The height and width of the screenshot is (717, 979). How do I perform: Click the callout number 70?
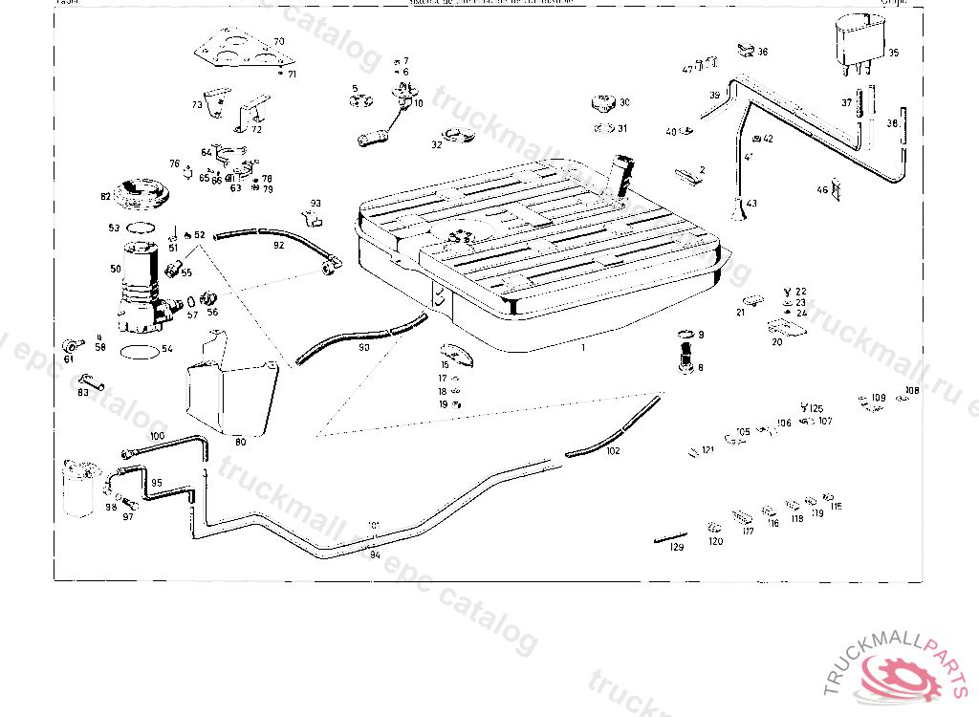point(278,42)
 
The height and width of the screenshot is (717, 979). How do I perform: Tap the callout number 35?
point(893,54)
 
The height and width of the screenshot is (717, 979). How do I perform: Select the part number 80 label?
point(240,441)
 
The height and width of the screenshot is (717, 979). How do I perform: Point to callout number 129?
point(677,548)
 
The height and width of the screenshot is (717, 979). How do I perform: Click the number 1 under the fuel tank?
point(582,348)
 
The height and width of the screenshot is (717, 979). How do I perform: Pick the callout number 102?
point(613,450)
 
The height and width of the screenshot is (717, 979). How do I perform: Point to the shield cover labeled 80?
point(228,392)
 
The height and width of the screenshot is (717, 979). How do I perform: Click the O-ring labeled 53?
point(141,228)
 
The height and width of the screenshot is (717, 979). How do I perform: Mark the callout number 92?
point(278,245)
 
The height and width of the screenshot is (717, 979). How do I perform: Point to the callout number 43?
point(751,204)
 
